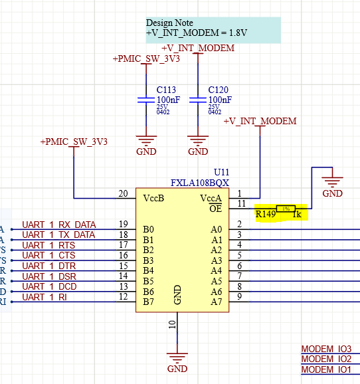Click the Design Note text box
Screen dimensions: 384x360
(x=213, y=28)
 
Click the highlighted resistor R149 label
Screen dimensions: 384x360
(x=266, y=215)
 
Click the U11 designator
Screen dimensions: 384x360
(x=221, y=171)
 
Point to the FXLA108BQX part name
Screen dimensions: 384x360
(x=199, y=182)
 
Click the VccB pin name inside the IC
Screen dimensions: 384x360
(x=154, y=198)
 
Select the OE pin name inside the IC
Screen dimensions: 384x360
(x=216, y=209)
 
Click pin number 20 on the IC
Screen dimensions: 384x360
(x=123, y=193)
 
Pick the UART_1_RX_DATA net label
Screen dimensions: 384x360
(x=58, y=225)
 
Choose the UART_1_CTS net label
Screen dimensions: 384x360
(x=49, y=256)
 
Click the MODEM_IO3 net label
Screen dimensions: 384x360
(x=326, y=349)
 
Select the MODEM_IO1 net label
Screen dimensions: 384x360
(x=326, y=369)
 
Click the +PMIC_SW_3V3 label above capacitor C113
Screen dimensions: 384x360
(x=145, y=59)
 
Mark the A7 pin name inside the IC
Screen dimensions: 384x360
(x=216, y=302)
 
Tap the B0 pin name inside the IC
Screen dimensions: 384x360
(x=149, y=229)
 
